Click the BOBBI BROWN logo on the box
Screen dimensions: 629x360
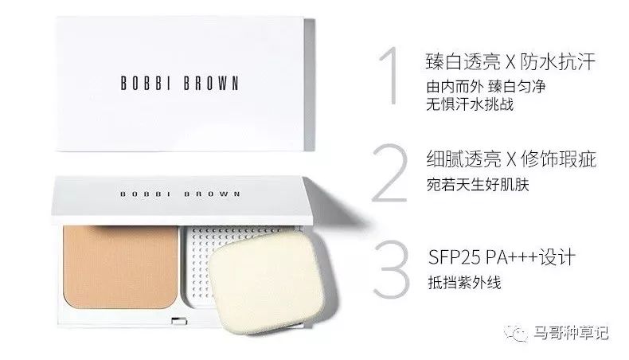180,83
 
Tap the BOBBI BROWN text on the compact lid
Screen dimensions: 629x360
180,194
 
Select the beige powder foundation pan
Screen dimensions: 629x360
120,268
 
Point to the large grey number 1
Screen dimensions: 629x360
389,76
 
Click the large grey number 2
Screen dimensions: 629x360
389,173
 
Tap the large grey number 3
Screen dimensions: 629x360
391,269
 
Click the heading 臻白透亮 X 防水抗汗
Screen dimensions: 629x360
510,62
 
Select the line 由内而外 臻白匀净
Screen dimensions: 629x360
486,86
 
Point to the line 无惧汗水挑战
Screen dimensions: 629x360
470,104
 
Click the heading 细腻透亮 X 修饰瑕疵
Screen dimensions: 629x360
511,159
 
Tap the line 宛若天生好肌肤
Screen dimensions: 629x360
478,185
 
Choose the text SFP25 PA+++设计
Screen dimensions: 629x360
502,256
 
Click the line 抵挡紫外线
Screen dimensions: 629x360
464,283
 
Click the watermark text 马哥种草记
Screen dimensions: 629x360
571,333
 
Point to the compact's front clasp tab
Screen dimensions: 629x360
179,321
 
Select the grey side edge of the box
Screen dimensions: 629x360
310,84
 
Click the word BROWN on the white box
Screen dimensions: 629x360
212,83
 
